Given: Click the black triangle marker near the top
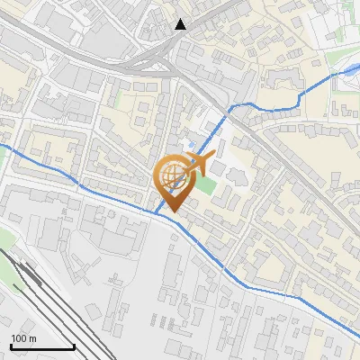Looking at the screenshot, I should tap(181, 24).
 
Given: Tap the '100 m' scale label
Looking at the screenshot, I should tap(23, 338).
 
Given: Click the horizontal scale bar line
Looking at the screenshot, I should tap(42, 346).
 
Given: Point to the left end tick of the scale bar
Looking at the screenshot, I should tap(11, 345).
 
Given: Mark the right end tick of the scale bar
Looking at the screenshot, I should tap(74, 345).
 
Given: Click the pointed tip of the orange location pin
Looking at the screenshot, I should tap(169, 212).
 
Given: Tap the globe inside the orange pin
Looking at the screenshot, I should tap(170, 177).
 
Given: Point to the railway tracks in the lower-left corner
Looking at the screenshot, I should tap(36, 288).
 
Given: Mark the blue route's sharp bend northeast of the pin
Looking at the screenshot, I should tap(232, 107).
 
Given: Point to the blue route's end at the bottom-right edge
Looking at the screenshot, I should tap(357, 340).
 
